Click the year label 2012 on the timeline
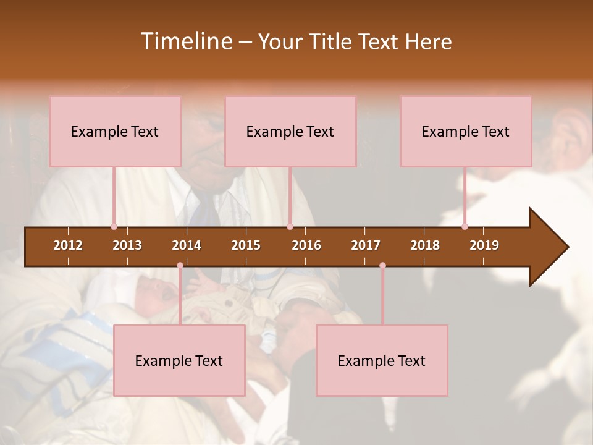point(68,245)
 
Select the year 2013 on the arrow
point(127,245)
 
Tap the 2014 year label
point(187,245)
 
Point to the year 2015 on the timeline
point(246,245)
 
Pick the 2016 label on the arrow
point(306,245)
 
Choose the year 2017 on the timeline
point(366,245)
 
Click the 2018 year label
point(425,245)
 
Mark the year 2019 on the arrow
point(484,245)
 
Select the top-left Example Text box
point(115,131)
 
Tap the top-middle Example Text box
point(290,131)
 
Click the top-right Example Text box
point(466,131)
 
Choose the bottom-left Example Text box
point(179,360)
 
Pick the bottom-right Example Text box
point(382,360)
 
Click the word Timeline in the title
point(185,41)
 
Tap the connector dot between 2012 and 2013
point(114,226)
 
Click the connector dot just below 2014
point(180,266)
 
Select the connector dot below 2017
point(382,266)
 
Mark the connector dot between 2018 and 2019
point(465,226)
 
